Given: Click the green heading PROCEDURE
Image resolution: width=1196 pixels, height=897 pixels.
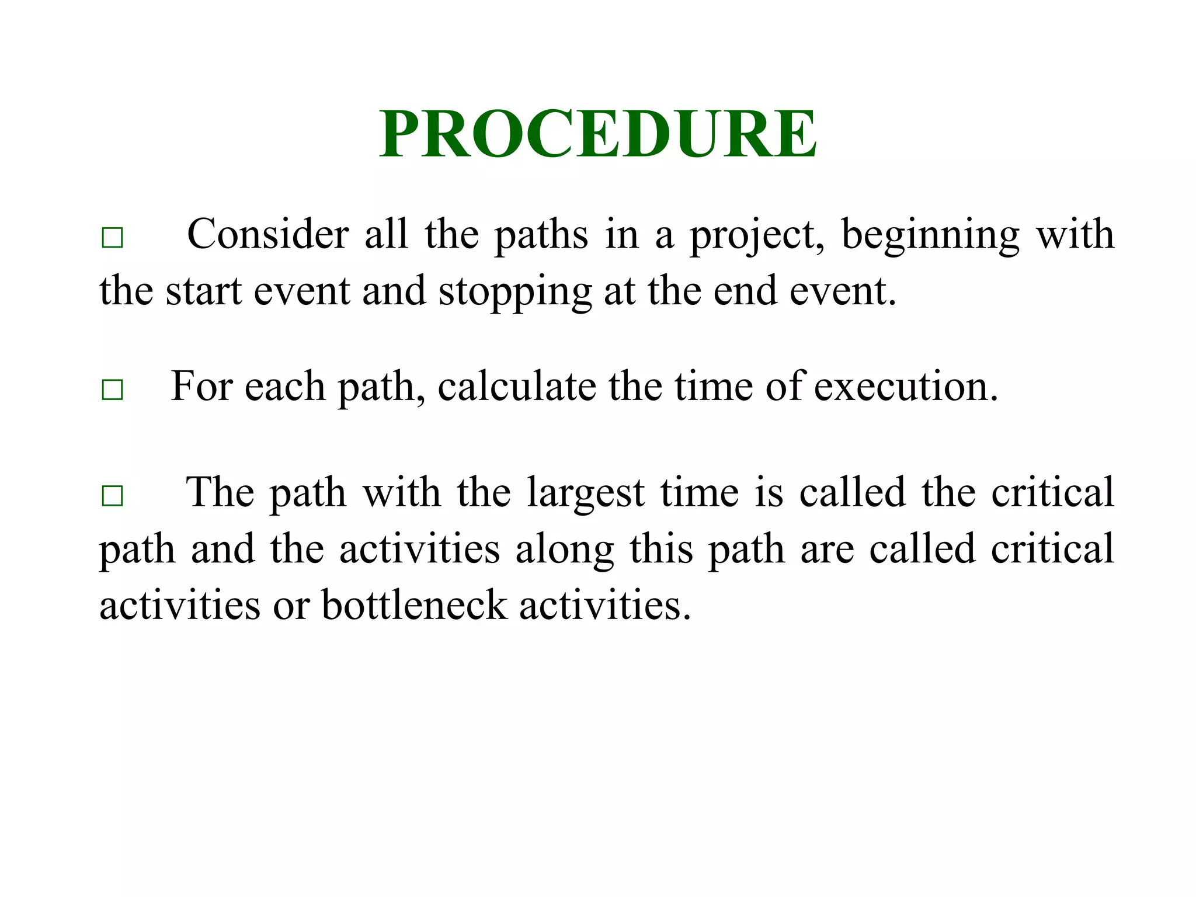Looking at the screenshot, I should pos(598,134).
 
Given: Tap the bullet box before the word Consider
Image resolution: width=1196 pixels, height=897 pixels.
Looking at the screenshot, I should pos(112,238).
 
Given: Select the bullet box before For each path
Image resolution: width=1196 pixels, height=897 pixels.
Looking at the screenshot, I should pos(112,389).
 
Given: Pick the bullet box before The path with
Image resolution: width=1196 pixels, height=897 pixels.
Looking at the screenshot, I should pos(112,495).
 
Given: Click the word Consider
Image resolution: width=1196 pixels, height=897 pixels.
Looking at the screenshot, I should pos(267,234).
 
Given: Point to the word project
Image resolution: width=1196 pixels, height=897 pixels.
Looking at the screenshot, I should pos(757,235).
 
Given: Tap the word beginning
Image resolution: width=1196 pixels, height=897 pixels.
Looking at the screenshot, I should pos(930,235).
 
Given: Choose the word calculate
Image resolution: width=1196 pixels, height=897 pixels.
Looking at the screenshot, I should pos(517,387).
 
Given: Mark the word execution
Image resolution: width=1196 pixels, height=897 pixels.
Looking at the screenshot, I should pos(905,387).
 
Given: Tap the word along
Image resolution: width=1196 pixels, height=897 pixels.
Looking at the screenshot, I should pos(564,550).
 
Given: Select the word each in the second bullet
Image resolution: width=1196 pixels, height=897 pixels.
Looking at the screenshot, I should pos(284,387).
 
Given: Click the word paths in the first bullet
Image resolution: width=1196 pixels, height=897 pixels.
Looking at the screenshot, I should pos(541,235).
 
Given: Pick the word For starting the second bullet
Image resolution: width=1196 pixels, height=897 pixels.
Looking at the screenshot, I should pos(201,386).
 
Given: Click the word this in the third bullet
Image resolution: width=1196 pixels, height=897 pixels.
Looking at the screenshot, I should pos(661,549).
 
